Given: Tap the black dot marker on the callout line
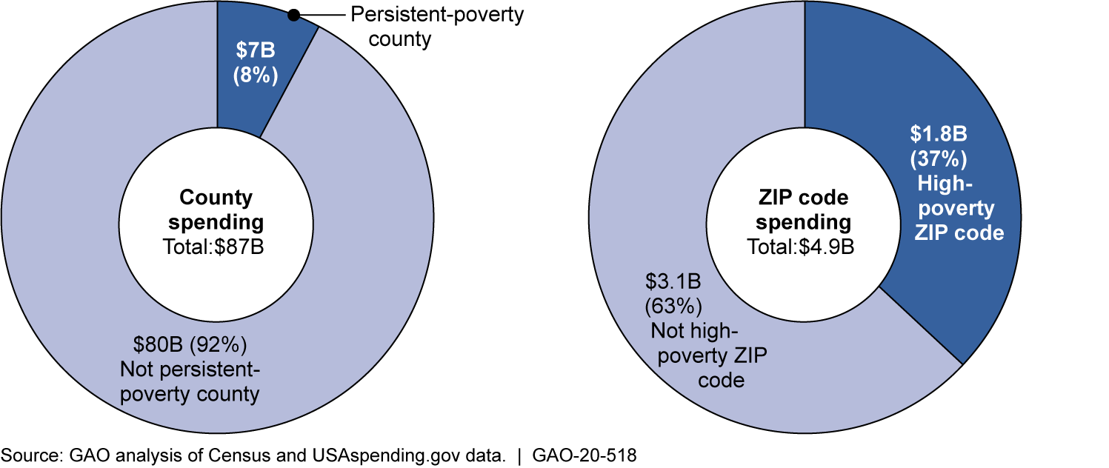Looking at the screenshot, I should click(293, 15).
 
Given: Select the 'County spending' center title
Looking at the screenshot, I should click(216, 210).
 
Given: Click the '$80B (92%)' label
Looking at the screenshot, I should click(190, 344).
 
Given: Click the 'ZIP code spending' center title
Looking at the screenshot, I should click(805, 210).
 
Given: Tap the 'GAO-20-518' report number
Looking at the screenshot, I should click(585, 455).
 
